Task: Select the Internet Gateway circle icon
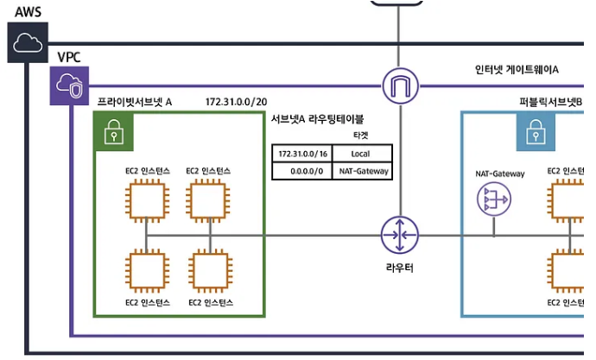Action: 400,85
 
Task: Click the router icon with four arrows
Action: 400,235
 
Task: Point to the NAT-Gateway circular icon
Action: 495,201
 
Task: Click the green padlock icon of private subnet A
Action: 113,131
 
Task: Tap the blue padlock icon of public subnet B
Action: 536,132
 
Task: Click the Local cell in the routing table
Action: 362,153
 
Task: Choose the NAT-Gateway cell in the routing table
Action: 362,171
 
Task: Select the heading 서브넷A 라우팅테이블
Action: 317,119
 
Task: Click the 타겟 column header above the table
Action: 361,136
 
